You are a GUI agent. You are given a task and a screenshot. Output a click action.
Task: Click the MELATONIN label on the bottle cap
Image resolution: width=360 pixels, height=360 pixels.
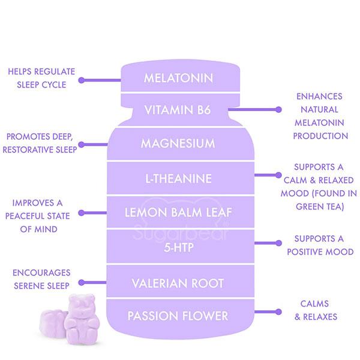(x=178, y=78)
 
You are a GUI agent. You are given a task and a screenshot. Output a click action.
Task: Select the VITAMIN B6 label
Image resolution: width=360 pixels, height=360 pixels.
(x=178, y=110)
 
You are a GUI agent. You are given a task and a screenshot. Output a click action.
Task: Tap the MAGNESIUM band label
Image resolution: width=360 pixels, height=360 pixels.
(x=178, y=143)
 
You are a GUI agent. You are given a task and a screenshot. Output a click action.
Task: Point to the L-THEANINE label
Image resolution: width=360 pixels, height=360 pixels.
(x=178, y=179)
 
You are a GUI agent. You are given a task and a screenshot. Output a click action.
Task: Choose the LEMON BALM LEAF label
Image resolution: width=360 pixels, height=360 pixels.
(x=178, y=212)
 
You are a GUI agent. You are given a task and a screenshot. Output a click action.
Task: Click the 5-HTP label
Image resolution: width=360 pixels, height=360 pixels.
(x=179, y=247)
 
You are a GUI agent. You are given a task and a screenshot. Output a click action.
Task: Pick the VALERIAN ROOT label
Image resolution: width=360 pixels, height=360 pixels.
(x=178, y=283)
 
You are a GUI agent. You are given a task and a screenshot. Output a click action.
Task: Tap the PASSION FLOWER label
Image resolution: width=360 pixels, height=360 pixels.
(x=178, y=316)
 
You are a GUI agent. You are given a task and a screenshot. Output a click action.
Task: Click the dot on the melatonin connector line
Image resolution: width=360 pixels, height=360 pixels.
(x=81, y=80)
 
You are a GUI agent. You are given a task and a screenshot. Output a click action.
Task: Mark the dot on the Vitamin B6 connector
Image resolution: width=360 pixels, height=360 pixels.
(x=278, y=110)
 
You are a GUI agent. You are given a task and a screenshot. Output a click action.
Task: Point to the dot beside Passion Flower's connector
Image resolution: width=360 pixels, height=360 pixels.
(x=278, y=312)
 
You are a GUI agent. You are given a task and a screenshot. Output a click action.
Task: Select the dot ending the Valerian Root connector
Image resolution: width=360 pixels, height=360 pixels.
(x=81, y=283)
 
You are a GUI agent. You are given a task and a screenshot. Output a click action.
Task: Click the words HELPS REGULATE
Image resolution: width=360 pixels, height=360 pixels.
(x=41, y=71)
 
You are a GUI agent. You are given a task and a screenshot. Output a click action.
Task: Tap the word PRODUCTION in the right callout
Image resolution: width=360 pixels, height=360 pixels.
(x=320, y=136)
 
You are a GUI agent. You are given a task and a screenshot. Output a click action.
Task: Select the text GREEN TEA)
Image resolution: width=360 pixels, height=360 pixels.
(x=320, y=206)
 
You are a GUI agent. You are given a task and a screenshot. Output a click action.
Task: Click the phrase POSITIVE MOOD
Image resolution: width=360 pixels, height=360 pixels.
(x=320, y=252)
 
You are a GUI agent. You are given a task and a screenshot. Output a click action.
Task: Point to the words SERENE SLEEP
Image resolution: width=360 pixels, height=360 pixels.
(x=41, y=286)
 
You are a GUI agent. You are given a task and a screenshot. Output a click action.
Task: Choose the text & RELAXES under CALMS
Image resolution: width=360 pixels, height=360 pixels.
(x=316, y=317)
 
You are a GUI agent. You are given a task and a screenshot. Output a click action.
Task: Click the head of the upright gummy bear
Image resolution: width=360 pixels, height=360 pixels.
(x=82, y=303)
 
